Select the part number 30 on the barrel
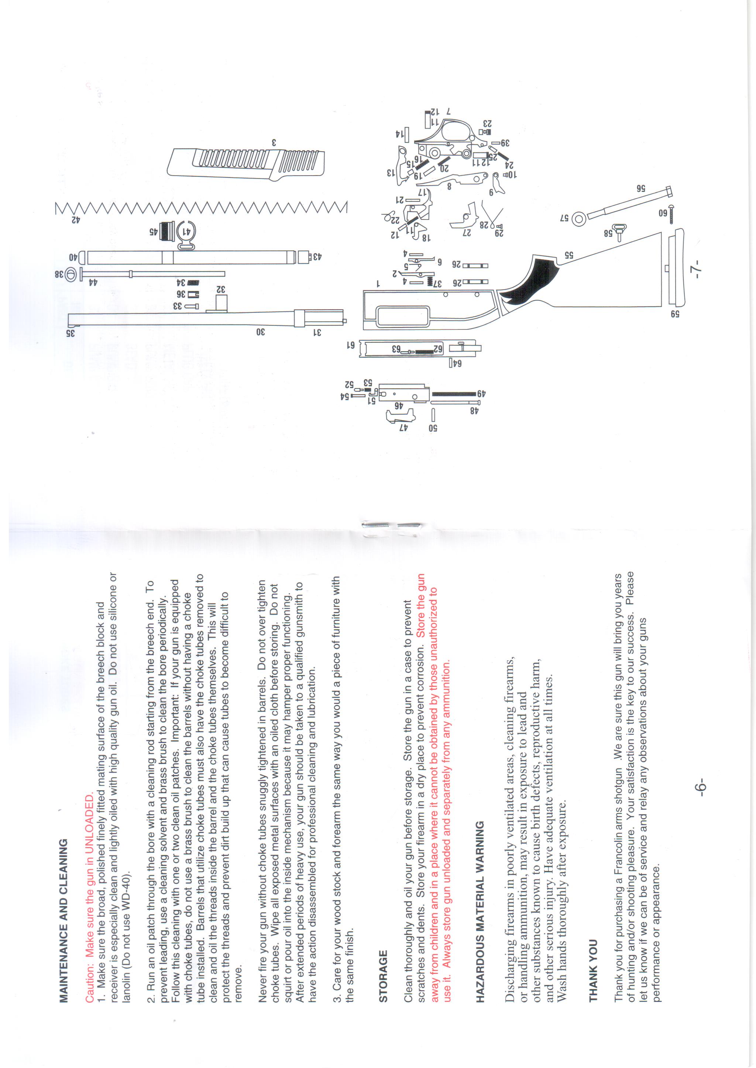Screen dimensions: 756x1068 coord(260,331)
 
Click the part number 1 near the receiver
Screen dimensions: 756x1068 coord(378,282)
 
